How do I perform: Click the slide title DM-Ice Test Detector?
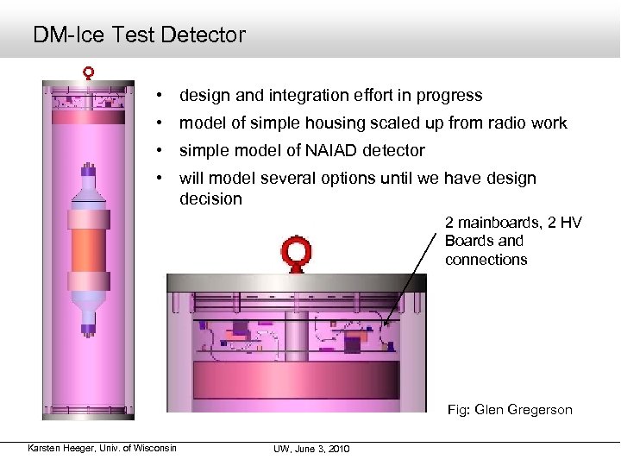[x=139, y=35]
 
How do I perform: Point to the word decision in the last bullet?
[x=210, y=199]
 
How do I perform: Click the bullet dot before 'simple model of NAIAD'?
[x=160, y=151]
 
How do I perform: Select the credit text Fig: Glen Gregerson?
[x=509, y=410]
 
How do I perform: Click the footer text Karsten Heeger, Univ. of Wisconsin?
[x=102, y=448]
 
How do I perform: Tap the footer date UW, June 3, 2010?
[x=310, y=449]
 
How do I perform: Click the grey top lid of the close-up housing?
[x=298, y=282]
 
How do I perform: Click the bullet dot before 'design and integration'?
[x=160, y=96]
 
